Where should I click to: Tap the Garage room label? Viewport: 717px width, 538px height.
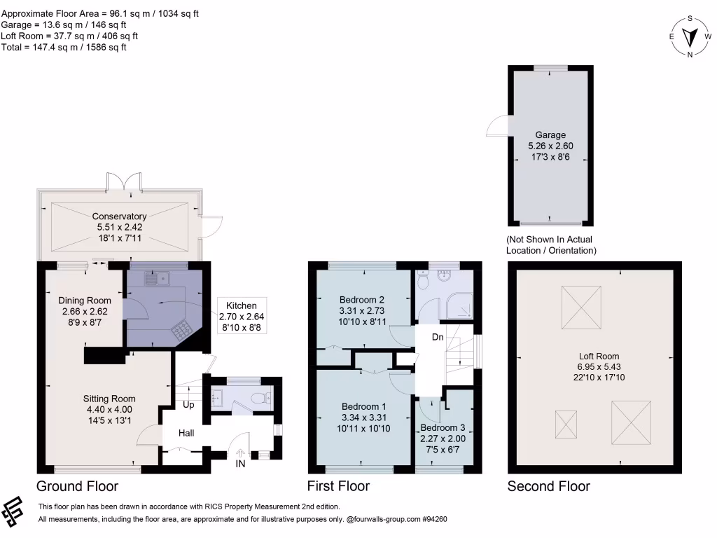[x=550, y=146]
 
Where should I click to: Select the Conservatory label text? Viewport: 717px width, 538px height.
[x=119, y=228]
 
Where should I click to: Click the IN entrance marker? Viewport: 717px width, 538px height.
[x=240, y=463]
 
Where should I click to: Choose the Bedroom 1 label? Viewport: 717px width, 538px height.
[x=363, y=418]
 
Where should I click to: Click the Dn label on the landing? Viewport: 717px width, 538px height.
[x=438, y=337]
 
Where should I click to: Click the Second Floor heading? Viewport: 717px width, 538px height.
[x=548, y=486]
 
